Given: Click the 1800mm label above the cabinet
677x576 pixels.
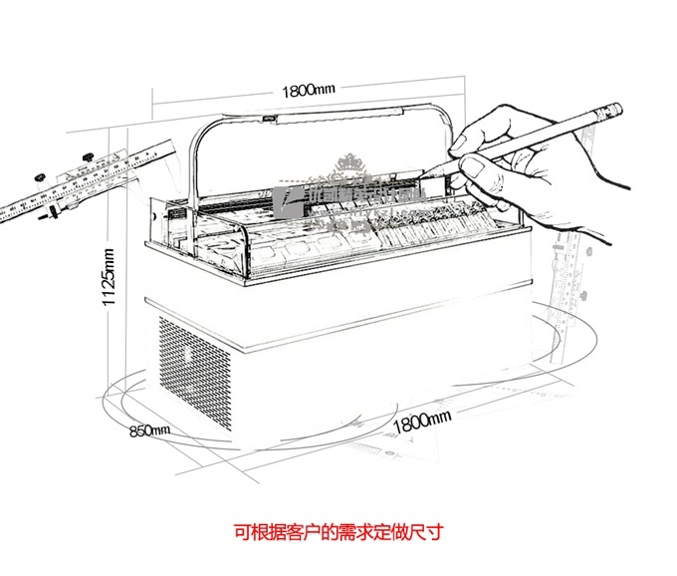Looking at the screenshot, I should point(308,90).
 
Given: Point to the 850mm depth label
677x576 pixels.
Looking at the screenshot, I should point(150,431).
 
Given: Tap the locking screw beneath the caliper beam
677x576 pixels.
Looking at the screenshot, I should point(41,212).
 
